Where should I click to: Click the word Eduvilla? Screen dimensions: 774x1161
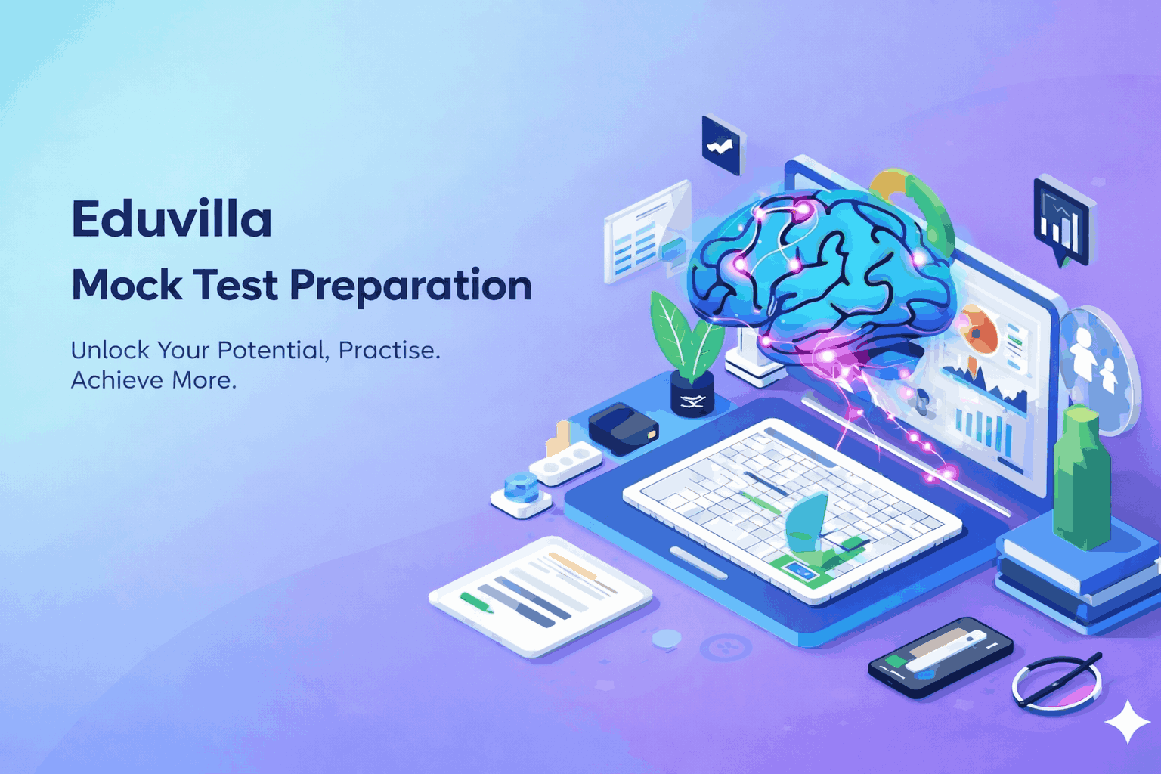pyautogui.click(x=172, y=219)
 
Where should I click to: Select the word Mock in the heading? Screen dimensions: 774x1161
pyautogui.click(x=127, y=286)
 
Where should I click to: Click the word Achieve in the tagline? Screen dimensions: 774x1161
pyautogui.click(x=116, y=379)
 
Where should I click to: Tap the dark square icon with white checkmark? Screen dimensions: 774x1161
pyautogui.click(x=723, y=144)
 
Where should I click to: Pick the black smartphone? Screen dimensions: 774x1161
pyautogui.click(x=940, y=655)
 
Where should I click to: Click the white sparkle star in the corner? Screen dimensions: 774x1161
pyautogui.click(x=1127, y=722)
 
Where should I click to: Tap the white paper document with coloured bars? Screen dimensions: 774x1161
pyautogui.click(x=540, y=594)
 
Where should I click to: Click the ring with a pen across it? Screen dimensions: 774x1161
pyautogui.click(x=1057, y=682)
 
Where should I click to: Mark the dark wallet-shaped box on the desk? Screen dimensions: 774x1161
pyautogui.click(x=623, y=428)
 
